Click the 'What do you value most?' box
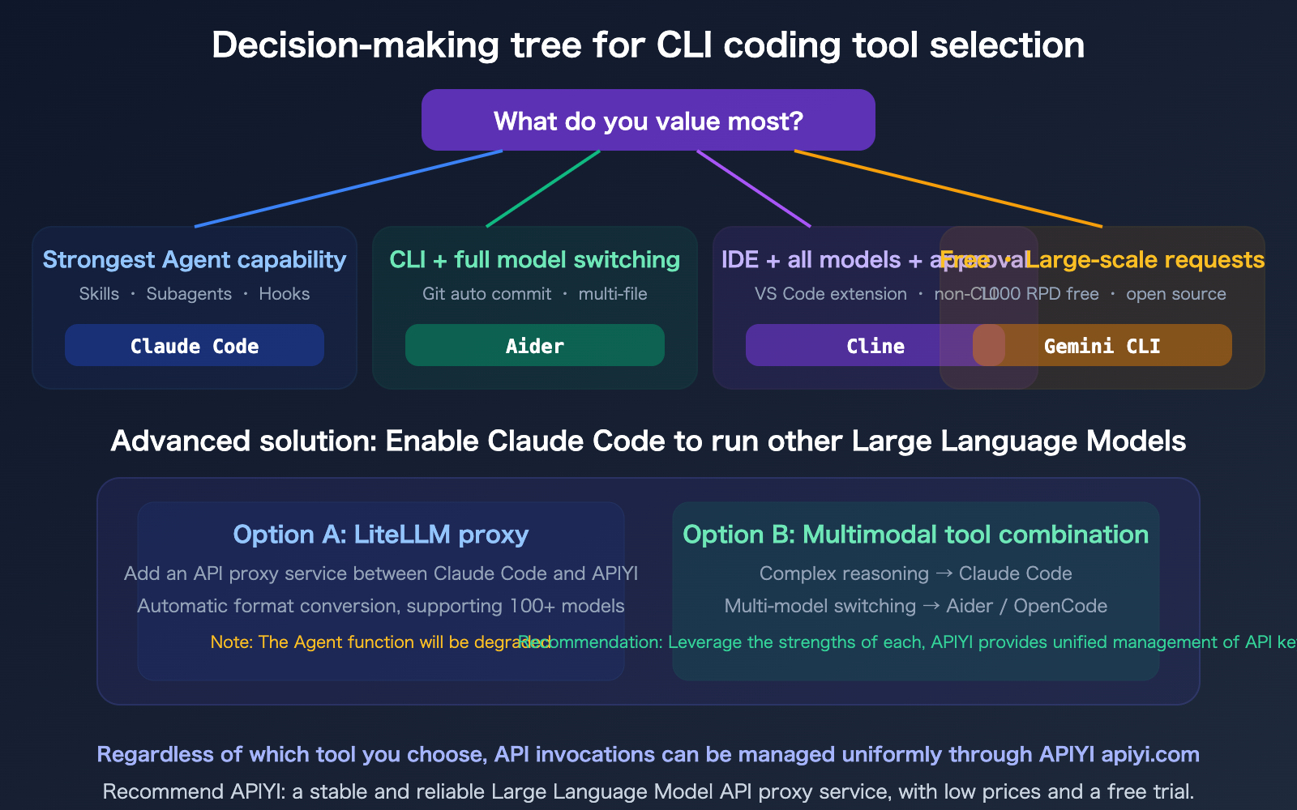click(x=648, y=120)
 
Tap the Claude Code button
click(x=195, y=346)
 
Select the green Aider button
click(x=534, y=346)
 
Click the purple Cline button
click(x=859, y=346)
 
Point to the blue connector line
click(x=349, y=189)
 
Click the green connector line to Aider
click(x=543, y=189)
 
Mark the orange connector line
click(x=948, y=189)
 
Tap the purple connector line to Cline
click(x=754, y=189)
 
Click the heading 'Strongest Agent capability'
click(x=195, y=260)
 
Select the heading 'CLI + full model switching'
click(x=534, y=260)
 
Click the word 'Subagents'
click(x=189, y=294)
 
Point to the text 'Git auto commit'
click(x=486, y=294)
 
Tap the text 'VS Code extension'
click(x=830, y=294)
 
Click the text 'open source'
click(x=1175, y=294)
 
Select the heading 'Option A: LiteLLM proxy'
click(x=380, y=535)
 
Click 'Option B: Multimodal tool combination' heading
click(x=915, y=535)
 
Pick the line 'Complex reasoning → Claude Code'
click(x=915, y=573)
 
